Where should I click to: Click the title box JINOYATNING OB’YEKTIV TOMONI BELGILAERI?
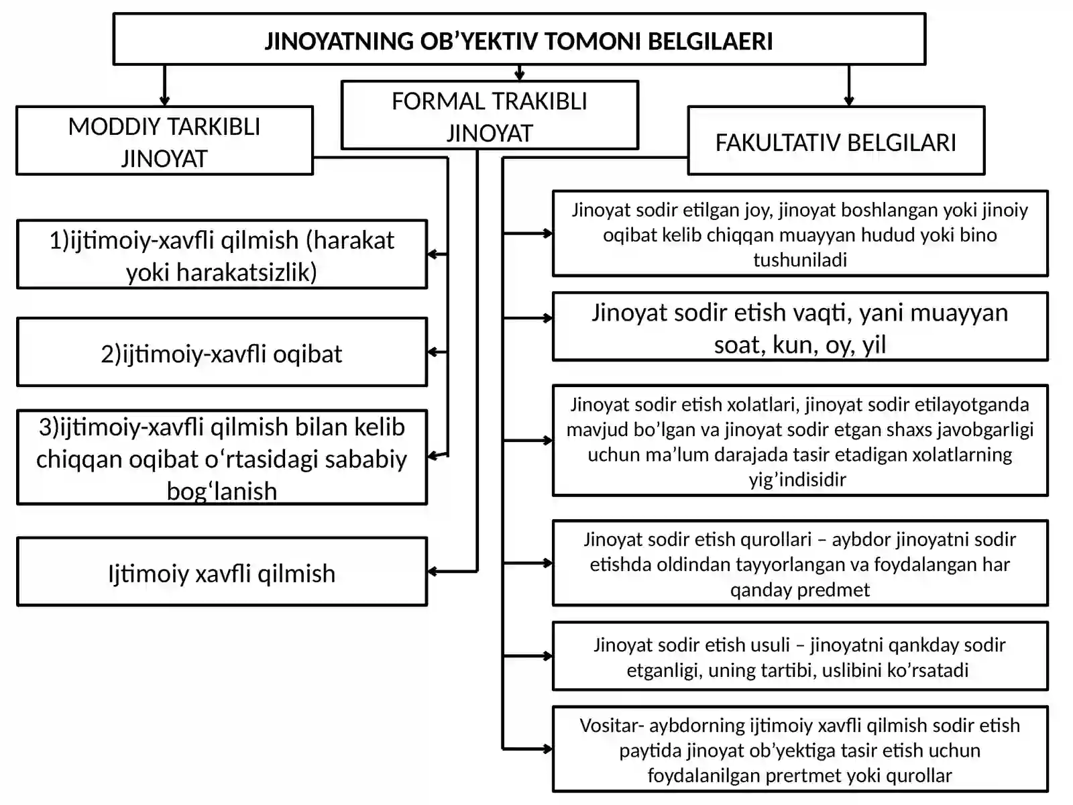[519, 39]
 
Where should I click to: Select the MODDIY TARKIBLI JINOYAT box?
[165, 141]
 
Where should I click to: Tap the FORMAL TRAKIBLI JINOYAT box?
[490, 115]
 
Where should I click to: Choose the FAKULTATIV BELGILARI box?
[836, 141]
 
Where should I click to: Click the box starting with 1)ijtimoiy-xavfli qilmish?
[222, 255]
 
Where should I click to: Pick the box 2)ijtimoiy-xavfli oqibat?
[222, 352]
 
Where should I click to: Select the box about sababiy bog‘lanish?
[222, 458]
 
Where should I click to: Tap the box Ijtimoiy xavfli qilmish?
[222, 572]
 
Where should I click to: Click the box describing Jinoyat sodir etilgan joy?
[800, 234]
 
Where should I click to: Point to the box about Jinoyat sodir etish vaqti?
[800, 327]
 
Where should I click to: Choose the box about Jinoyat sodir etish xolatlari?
[800, 441]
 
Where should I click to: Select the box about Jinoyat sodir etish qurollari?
[800, 563]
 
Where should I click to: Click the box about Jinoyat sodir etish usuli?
[800, 657]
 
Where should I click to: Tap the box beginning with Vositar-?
[800, 749]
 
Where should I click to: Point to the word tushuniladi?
[800, 260]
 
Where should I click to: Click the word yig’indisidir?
[797, 480]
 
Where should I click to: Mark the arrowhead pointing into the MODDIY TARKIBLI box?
[165, 101]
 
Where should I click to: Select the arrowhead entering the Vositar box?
[547, 748]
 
